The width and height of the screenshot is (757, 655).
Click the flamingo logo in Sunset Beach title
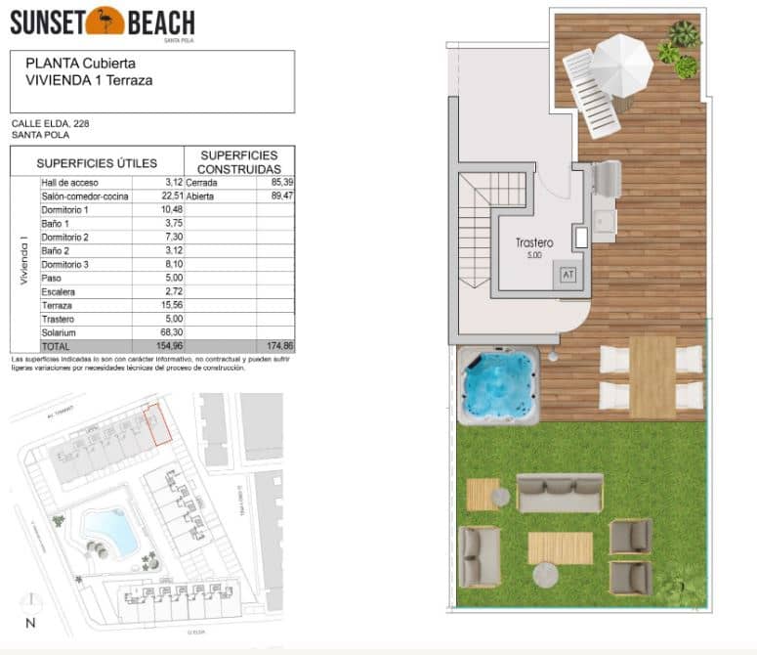click(x=105, y=20)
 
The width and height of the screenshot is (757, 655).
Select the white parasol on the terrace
click(x=621, y=63)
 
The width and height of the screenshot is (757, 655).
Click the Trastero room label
click(x=534, y=243)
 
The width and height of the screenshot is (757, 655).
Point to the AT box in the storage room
click(x=568, y=275)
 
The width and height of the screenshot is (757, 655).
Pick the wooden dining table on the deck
click(x=652, y=376)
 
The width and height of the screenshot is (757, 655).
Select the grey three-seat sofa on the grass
click(x=560, y=494)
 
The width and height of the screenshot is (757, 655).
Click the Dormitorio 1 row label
click(x=65, y=210)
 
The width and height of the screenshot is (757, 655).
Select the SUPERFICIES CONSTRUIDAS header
click(x=239, y=162)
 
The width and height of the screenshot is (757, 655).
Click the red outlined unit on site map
click(x=156, y=426)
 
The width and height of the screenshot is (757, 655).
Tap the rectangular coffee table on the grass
click(x=560, y=547)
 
